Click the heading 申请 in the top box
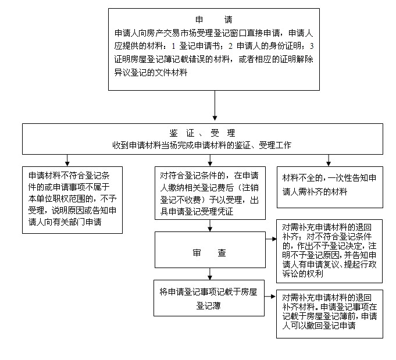coord(213,19)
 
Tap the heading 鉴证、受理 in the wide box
coord(202,133)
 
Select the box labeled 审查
coord(210,249)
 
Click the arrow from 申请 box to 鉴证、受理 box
coord(215,105)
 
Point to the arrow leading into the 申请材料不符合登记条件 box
coord(67,160)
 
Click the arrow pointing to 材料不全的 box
coord(329,160)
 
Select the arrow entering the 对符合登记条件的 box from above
coord(210,160)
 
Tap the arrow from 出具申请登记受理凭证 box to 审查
coord(210,225)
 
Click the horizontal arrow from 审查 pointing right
coord(271,238)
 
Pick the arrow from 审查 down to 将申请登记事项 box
coord(210,274)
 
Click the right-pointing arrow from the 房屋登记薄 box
coord(270,297)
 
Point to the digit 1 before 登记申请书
coord(173,46)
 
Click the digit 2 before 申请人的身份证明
coord(230,46)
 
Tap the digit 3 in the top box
coord(312,46)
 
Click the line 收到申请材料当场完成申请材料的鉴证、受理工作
coord(202,145)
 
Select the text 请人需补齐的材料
coord(315,192)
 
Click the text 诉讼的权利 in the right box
coord(302,273)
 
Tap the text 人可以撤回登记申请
coord(319,325)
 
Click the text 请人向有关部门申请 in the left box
coord(65,222)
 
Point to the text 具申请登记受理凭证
coord(197,212)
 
